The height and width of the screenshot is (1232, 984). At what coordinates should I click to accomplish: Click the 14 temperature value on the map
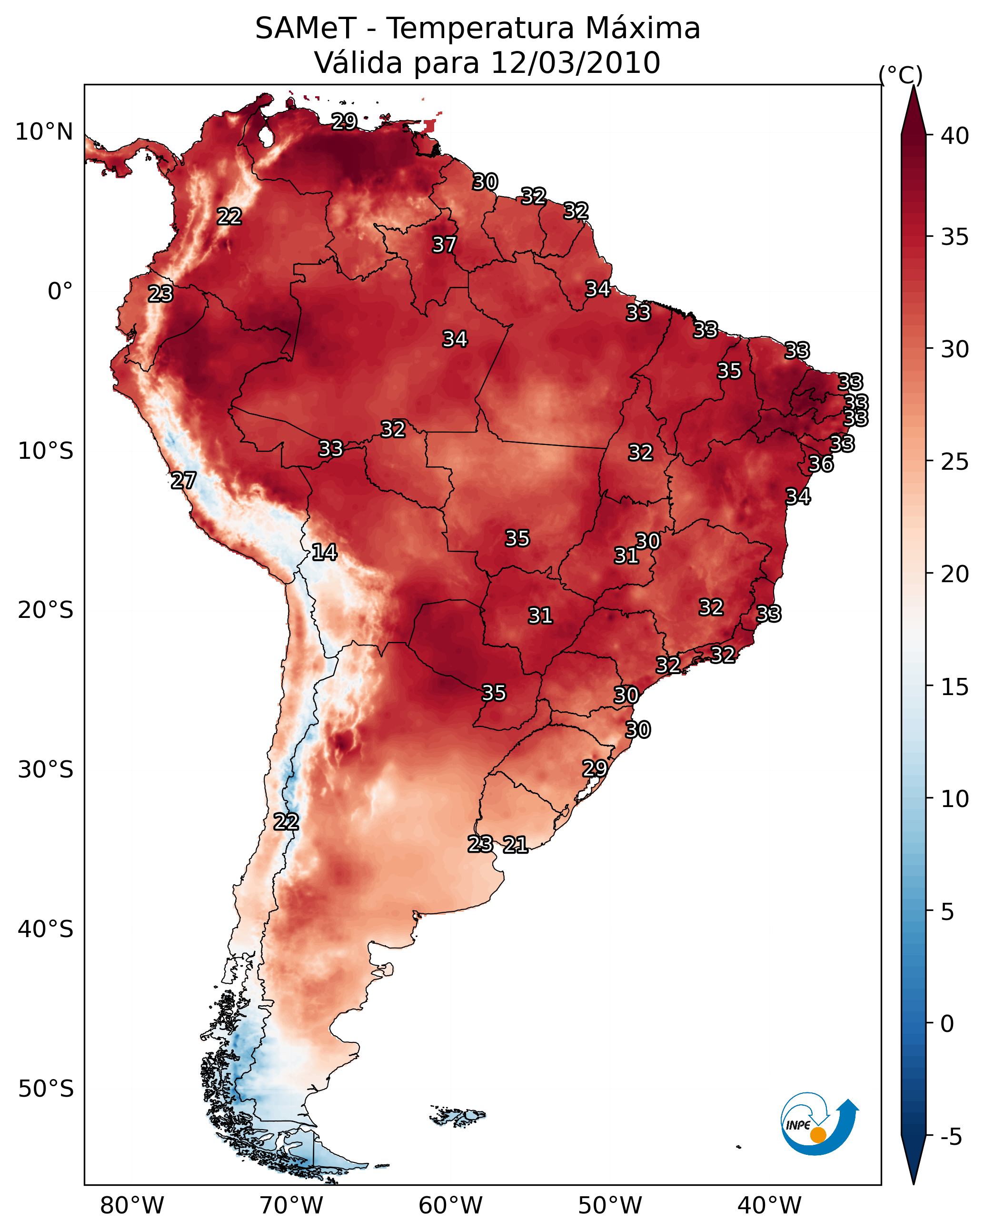point(324,552)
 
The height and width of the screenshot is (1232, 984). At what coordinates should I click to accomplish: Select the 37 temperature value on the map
point(444,244)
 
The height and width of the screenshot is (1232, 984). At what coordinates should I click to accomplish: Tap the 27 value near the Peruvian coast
point(183,481)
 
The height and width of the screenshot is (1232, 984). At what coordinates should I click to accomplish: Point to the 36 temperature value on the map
point(821,464)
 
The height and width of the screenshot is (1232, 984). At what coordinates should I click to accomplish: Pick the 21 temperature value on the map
point(515,845)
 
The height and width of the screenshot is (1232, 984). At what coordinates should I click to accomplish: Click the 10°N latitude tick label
point(44,132)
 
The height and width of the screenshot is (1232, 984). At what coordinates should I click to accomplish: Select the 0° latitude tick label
point(60,292)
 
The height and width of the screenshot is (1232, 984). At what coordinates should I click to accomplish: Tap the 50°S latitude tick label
point(46,1089)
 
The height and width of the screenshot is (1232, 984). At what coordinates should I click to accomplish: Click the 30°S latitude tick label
point(46,770)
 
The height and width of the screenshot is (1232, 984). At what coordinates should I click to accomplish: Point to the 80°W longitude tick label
point(132,1206)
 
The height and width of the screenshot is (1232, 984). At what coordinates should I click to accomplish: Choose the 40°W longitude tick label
point(769,1206)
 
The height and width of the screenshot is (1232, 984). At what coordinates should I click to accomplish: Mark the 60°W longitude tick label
point(451,1206)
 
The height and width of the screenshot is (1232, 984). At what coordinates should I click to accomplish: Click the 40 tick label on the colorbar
point(955,136)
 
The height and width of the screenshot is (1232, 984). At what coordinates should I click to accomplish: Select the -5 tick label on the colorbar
point(951,1137)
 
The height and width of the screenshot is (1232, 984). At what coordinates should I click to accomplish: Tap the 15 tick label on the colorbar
point(955,687)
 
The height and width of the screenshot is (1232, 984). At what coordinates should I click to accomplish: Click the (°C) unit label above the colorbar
point(901,75)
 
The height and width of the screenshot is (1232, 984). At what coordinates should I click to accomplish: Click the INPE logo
point(820,1123)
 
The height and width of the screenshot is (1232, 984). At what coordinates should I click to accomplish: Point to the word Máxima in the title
point(642,28)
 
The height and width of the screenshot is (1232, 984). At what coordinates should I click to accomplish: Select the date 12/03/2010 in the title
point(576,63)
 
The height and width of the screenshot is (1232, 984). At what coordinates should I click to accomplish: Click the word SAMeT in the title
point(306,29)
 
